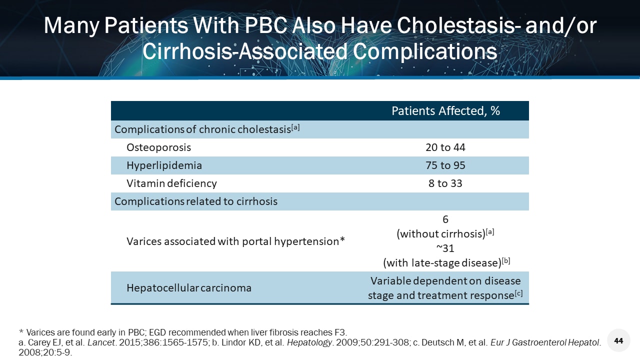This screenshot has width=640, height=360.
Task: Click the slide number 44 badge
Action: [618, 340]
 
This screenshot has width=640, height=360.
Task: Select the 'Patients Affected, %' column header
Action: [445, 111]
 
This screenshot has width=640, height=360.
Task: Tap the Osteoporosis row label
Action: [158, 147]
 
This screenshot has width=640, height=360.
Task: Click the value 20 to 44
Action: [445, 147]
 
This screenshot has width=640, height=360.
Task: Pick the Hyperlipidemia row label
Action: [164, 165]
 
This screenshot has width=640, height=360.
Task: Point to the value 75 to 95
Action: [445, 165]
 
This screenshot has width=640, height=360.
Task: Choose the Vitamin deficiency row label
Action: [171, 183]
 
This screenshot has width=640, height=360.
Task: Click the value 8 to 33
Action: [445, 183]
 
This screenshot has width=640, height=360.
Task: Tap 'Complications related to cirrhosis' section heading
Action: [195, 201]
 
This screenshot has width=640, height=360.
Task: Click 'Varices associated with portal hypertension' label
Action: [235, 241]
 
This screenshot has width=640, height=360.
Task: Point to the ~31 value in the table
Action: [445, 248]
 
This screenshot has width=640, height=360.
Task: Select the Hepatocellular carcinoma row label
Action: [189, 288]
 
